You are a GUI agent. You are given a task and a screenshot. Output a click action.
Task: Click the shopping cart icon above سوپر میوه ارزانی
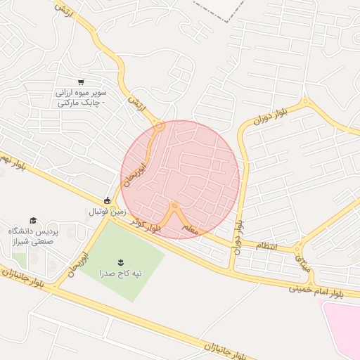82,82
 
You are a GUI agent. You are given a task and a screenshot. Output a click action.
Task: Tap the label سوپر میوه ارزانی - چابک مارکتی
82,97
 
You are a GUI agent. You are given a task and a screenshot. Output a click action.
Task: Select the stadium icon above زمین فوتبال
108,200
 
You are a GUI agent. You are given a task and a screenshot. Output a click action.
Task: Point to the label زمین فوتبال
107,211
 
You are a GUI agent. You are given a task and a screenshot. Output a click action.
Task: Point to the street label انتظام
267,246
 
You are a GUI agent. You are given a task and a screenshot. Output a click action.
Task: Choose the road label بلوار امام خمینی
324,291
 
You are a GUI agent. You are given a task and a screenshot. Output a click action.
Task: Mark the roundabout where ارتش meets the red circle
160,127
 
